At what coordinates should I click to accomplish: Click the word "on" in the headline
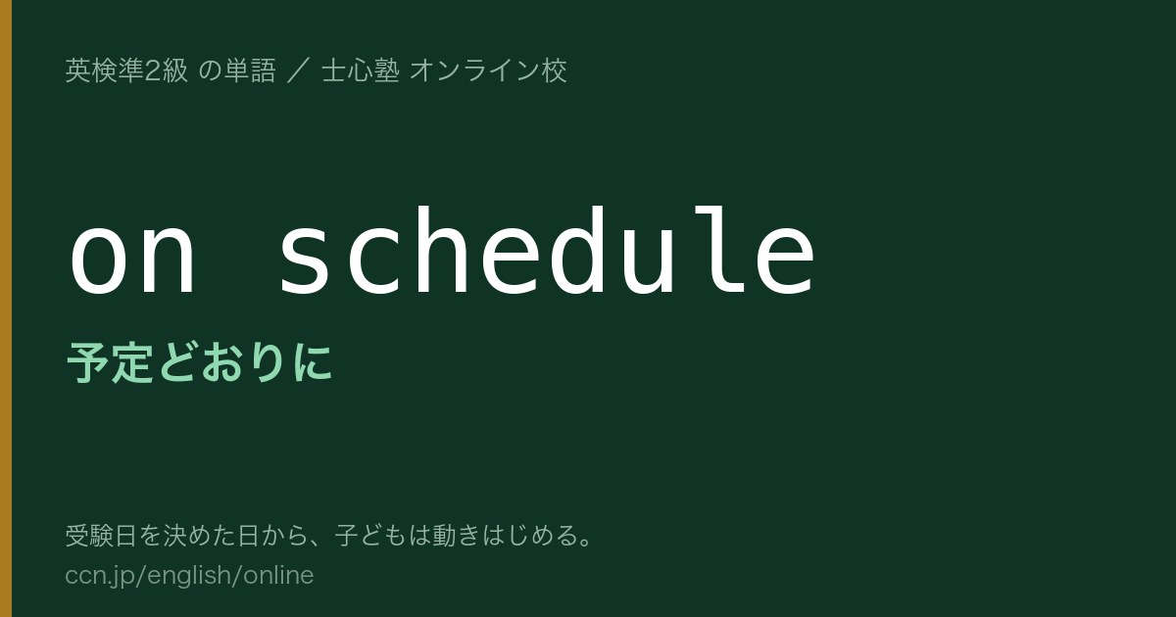pyautogui.click(x=131, y=259)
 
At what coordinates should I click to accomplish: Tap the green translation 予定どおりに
pyautogui.click(x=200, y=362)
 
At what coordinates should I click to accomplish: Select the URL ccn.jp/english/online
pyautogui.click(x=189, y=575)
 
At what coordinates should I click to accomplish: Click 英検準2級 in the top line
pyautogui.click(x=126, y=71)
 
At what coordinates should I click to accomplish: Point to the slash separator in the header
pyautogui.click(x=299, y=71)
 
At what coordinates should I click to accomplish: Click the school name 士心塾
pyautogui.click(x=361, y=71)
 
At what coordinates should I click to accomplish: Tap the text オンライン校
pyautogui.click(x=488, y=71)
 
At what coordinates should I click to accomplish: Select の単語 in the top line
pyautogui.click(x=237, y=71)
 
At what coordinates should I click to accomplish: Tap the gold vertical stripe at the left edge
pyautogui.click(x=6, y=308)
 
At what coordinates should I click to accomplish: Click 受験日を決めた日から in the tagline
pyautogui.click(x=187, y=536)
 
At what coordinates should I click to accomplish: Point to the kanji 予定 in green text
pyautogui.click(x=110, y=362)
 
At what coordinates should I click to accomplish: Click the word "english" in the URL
pyautogui.click(x=188, y=576)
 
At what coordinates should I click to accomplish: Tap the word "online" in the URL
pyautogui.click(x=278, y=575)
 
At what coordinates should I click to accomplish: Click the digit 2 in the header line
pyautogui.click(x=152, y=71)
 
